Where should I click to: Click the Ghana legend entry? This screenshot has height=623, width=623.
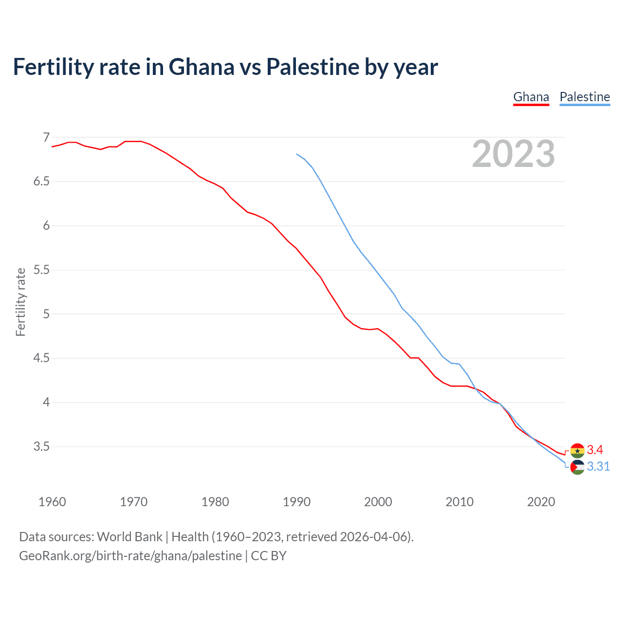[531, 97]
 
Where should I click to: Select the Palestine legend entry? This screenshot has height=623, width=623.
[585, 97]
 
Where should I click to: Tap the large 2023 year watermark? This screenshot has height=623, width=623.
[513, 154]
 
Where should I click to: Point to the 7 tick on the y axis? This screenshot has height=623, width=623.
[46, 137]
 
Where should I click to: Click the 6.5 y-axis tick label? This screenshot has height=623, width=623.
[41, 182]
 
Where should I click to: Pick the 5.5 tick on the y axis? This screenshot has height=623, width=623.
[41, 270]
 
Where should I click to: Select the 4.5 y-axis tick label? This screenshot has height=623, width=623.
[41, 358]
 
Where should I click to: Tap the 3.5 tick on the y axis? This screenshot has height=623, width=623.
[41, 446]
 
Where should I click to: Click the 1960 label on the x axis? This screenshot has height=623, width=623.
[52, 502]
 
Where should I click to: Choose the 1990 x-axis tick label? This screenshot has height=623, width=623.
[296, 502]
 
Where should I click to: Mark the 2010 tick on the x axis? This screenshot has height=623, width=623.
[459, 502]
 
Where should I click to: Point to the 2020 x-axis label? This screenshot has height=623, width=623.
[541, 502]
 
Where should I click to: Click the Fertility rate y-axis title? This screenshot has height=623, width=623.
[20, 302]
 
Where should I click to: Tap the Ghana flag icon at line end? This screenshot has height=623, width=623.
[577, 451]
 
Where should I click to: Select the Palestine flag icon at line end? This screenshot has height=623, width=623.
[577, 467]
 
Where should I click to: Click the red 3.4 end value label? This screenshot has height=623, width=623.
[595, 450]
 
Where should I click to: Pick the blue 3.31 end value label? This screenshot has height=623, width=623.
[598, 466]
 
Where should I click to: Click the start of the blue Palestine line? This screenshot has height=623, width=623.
[296, 154]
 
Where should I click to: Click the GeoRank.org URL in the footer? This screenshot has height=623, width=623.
[130, 555]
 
